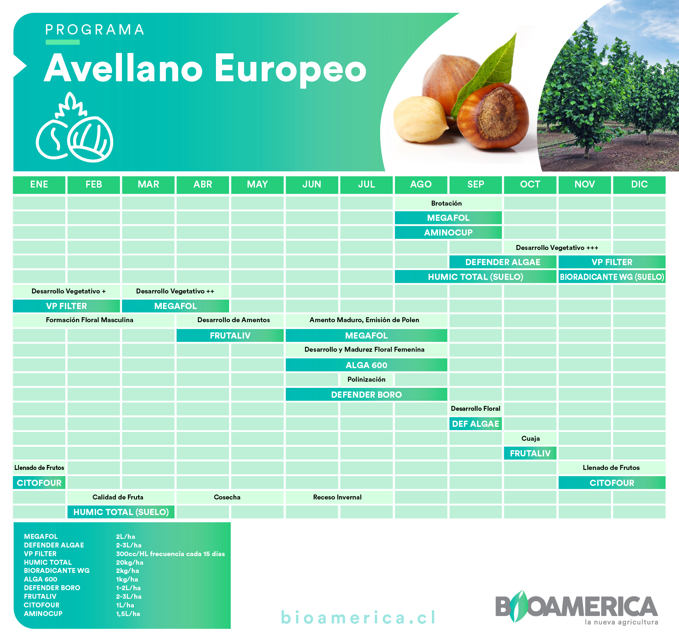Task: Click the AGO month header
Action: click(x=421, y=185)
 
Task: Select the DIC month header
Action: click(x=639, y=185)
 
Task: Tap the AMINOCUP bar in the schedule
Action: click(x=448, y=233)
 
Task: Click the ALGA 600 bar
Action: click(x=366, y=365)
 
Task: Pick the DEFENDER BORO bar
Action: click(x=366, y=394)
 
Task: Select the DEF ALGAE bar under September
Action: click(x=475, y=424)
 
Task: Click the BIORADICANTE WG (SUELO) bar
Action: click(x=612, y=277)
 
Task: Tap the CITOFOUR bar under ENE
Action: click(x=39, y=483)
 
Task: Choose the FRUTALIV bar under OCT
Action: click(x=530, y=453)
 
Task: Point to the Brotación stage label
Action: click(x=447, y=203)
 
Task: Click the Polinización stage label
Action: click(x=366, y=379)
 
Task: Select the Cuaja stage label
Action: click(x=530, y=438)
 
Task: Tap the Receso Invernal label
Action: click(x=337, y=497)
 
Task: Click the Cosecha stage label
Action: click(x=227, y=497)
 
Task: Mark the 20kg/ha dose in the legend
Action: click(x=130, y=562)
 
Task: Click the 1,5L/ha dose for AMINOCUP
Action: click(x=128, y=614)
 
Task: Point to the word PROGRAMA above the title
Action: click(x=95, y=30)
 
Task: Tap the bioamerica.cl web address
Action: click(x=358, y=618)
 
